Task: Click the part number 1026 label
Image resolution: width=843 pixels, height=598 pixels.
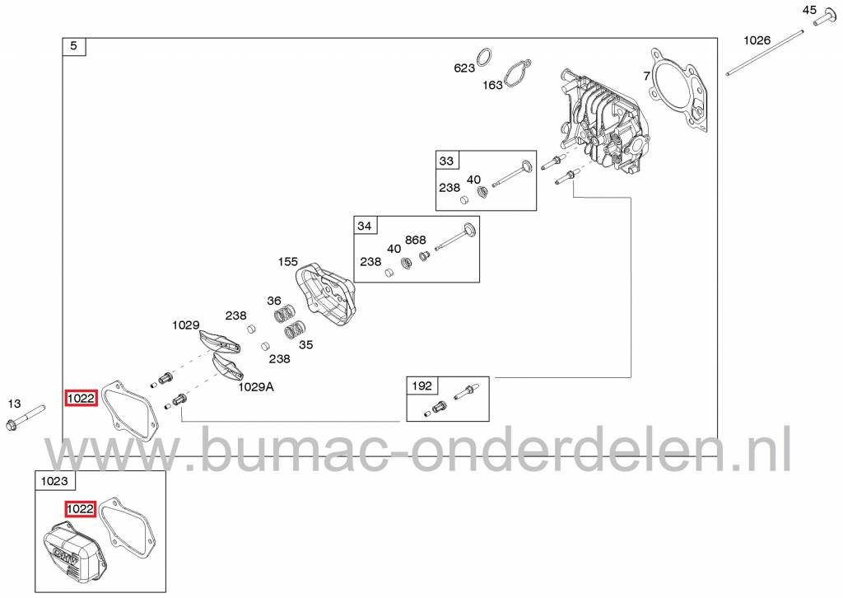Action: click(x=757, y=40)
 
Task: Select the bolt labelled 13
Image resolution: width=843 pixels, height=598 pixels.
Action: click(x=26, y=420)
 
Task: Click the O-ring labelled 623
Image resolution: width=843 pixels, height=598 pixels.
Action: click(x=484, y=57)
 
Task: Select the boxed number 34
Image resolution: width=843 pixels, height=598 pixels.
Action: click(x=365, y=226)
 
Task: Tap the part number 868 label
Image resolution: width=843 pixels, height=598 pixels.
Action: click(x=416, y=241)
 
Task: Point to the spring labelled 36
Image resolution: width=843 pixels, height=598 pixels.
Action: click(x=285, y=314)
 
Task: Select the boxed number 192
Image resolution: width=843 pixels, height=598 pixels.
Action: click(x=422, y=385)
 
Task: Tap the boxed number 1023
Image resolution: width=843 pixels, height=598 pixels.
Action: click(x=54, y=481)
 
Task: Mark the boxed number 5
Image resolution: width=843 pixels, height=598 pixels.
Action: click(x=74, y=46)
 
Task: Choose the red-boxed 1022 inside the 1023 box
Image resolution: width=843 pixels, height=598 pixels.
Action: click(x=80, y=508)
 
